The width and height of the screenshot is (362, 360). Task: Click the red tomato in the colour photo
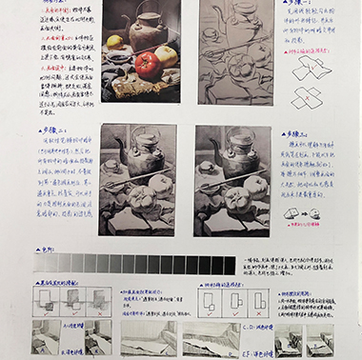[x=147, y=64]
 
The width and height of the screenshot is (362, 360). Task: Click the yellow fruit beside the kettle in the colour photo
[x=115, y=42]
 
